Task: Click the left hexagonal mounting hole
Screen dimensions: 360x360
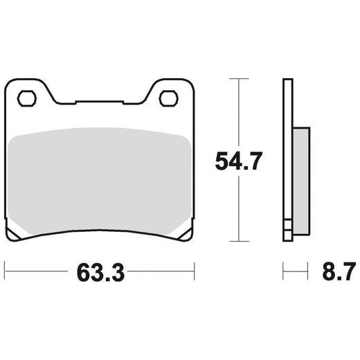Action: click(28, 98)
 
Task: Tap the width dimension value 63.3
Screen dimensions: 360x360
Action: click(98, 272)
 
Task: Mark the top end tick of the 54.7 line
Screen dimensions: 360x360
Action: click(240, 80)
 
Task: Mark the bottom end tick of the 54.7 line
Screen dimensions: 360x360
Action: click(240, 241)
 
